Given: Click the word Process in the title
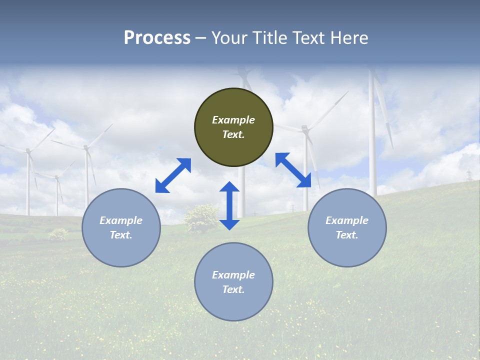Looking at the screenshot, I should tap(157, 38).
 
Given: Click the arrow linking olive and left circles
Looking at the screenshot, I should tap(173, 175).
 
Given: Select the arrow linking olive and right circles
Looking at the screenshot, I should tap(293, 170).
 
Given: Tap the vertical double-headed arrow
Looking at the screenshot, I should tap(229, 205).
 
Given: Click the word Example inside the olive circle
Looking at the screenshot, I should tap(233, 120).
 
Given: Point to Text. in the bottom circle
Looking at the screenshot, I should tap(233, 289).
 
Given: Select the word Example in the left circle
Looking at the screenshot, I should tap(121, 220).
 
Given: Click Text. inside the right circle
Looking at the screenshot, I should tap(347, 235).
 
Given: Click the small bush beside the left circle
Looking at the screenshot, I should tap(58, 233).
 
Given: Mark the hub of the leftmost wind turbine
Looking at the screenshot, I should tap(27, 150).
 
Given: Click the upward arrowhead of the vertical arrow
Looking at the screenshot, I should tap(229, 186).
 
